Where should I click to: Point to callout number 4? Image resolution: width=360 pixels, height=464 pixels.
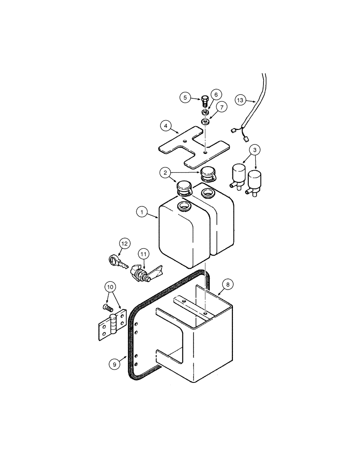pyautogui.click(x=165, y=125)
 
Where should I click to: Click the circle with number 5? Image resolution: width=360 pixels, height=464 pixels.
pyautogui.click(x=185, y=97)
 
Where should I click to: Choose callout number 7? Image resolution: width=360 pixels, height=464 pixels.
pyautogui.click(x=222, y=108)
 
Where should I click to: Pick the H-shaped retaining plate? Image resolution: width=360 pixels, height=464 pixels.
pyautogui.click(x=191, y=147)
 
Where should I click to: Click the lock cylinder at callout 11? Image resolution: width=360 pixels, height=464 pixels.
pyautogui.click(x=140, y=274)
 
